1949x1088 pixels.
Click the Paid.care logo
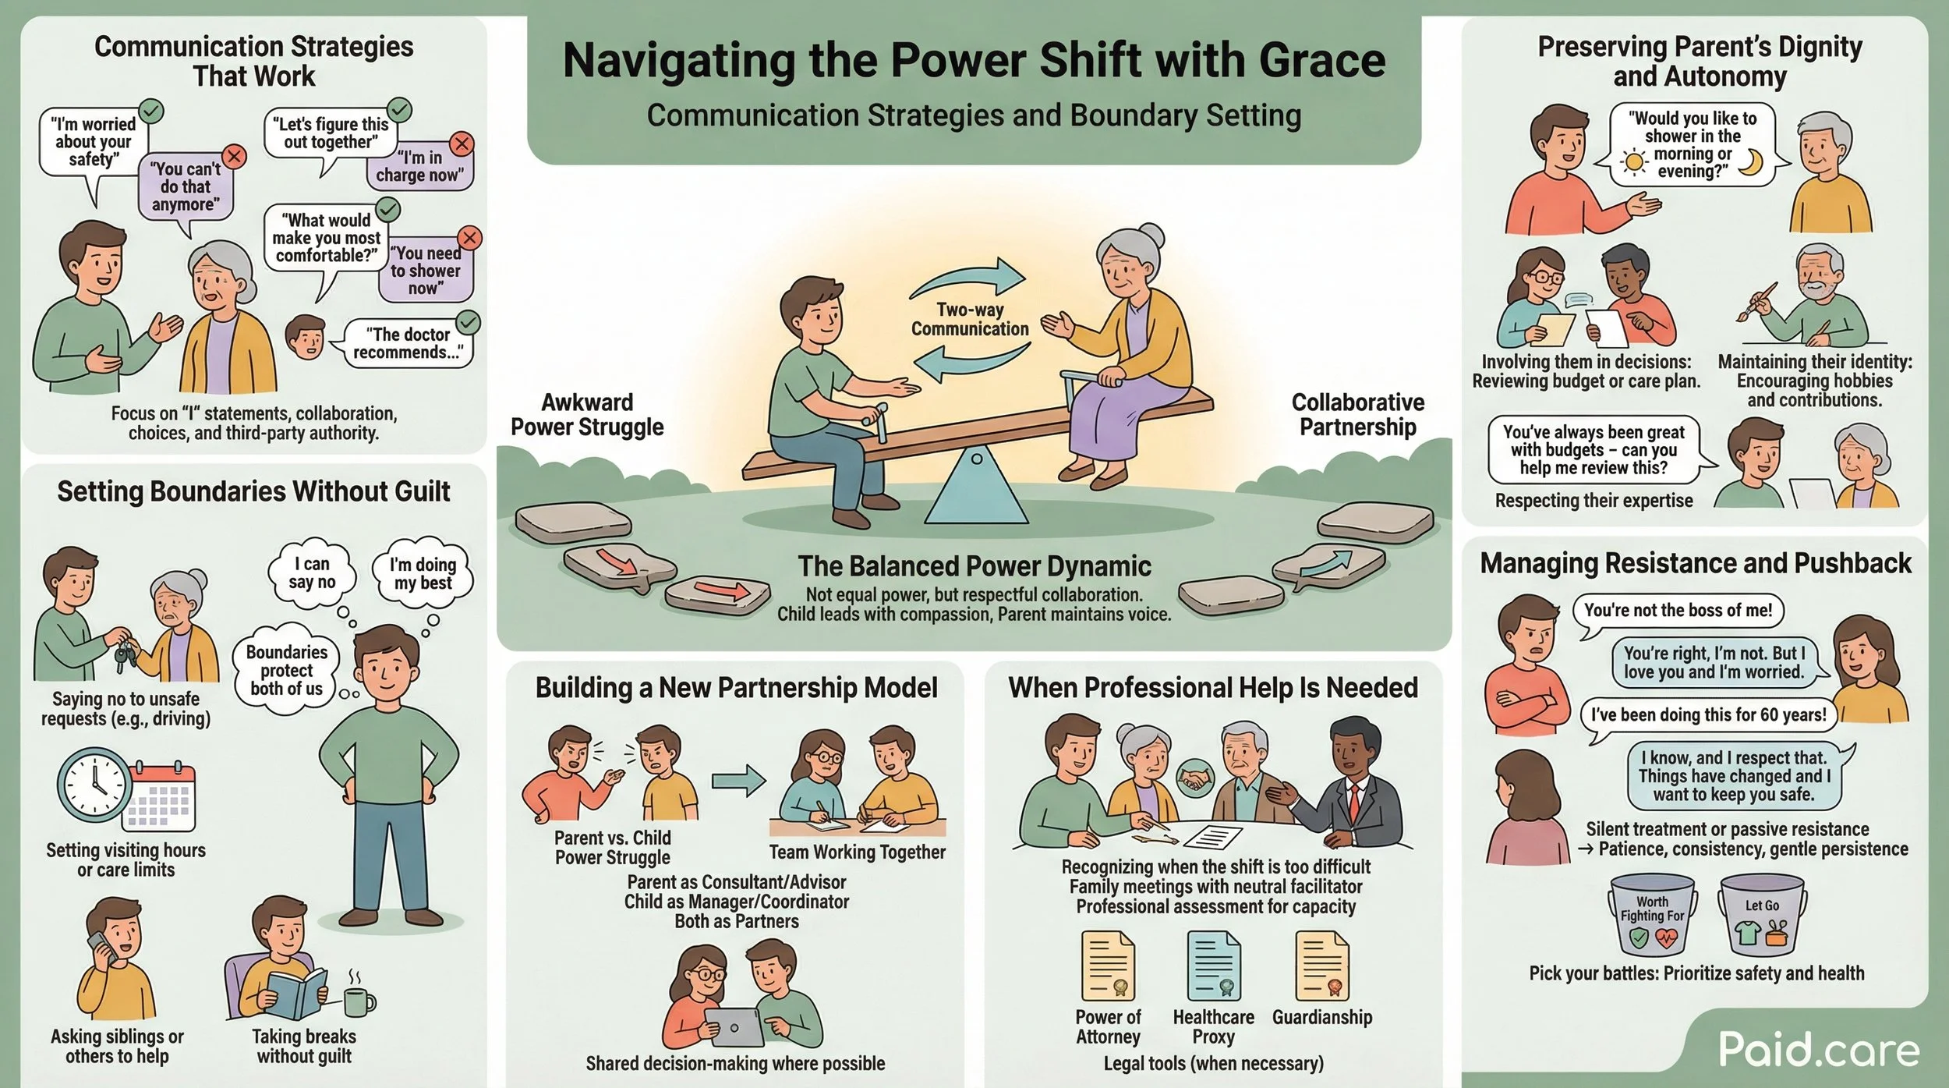click(1818, 1050)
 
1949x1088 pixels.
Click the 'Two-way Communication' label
click(970, 320)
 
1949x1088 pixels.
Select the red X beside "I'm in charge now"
click(462, 144)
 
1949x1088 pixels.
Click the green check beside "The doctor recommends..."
click(468, 321)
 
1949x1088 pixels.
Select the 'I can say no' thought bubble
click(312, 572)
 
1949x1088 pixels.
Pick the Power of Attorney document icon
click(1108, 966)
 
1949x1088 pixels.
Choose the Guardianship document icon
click(1322, 966)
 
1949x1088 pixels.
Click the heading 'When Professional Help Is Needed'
click(1213, 688)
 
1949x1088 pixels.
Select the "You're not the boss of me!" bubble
click(1678, 610)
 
